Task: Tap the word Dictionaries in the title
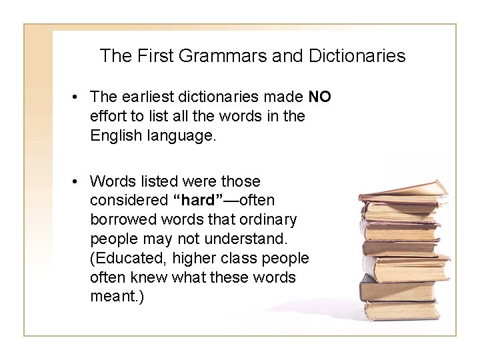[x=357, y=56]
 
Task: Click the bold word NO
[x=319, y=97]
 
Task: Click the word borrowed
[x=120, y=219]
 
